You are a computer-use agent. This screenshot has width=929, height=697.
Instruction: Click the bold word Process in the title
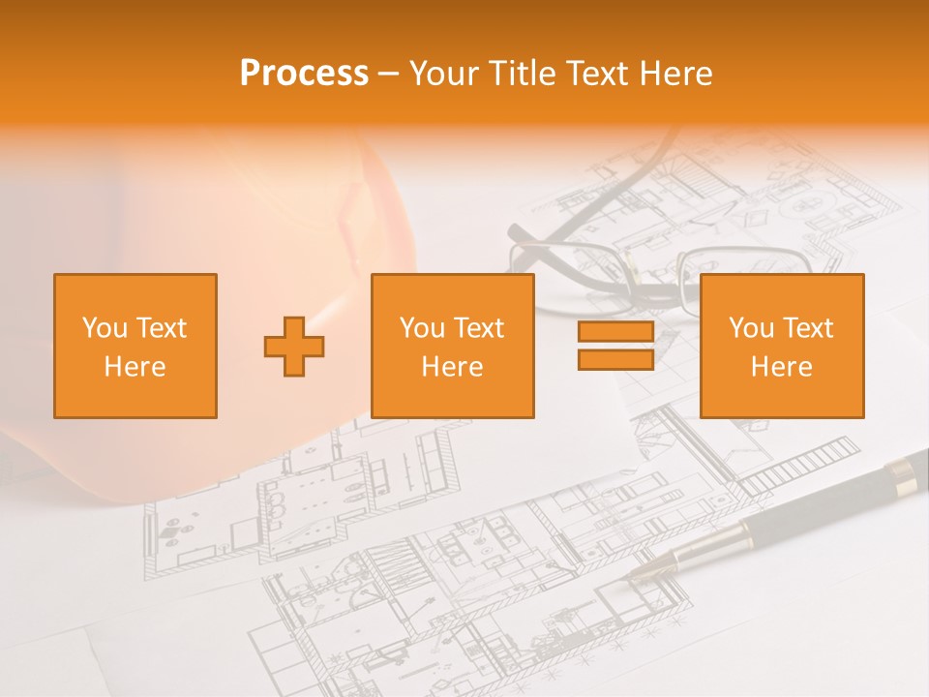(x=304, y=74)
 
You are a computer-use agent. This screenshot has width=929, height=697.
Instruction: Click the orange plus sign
(x=294, y=347)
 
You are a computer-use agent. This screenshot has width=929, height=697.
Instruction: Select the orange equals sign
(x=615, y=347)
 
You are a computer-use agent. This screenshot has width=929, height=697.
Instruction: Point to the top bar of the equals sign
(x=615, y=333)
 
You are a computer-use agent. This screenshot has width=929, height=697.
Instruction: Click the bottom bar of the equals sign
(x=615, y=360)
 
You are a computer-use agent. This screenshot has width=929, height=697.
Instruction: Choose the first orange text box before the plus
(x=135, y=347)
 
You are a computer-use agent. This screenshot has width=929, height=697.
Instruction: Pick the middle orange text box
(x=453, y=347)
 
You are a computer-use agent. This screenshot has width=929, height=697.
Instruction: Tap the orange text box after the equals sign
(x=782, y=347)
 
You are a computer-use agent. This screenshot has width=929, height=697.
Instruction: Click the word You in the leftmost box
(x=105, y=328)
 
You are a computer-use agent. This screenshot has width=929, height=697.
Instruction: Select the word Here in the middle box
(x=453, y=367)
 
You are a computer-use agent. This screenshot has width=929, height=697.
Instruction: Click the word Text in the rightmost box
(x=808, y=328)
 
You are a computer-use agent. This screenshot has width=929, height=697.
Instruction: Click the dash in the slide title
(x=388, y=74)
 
